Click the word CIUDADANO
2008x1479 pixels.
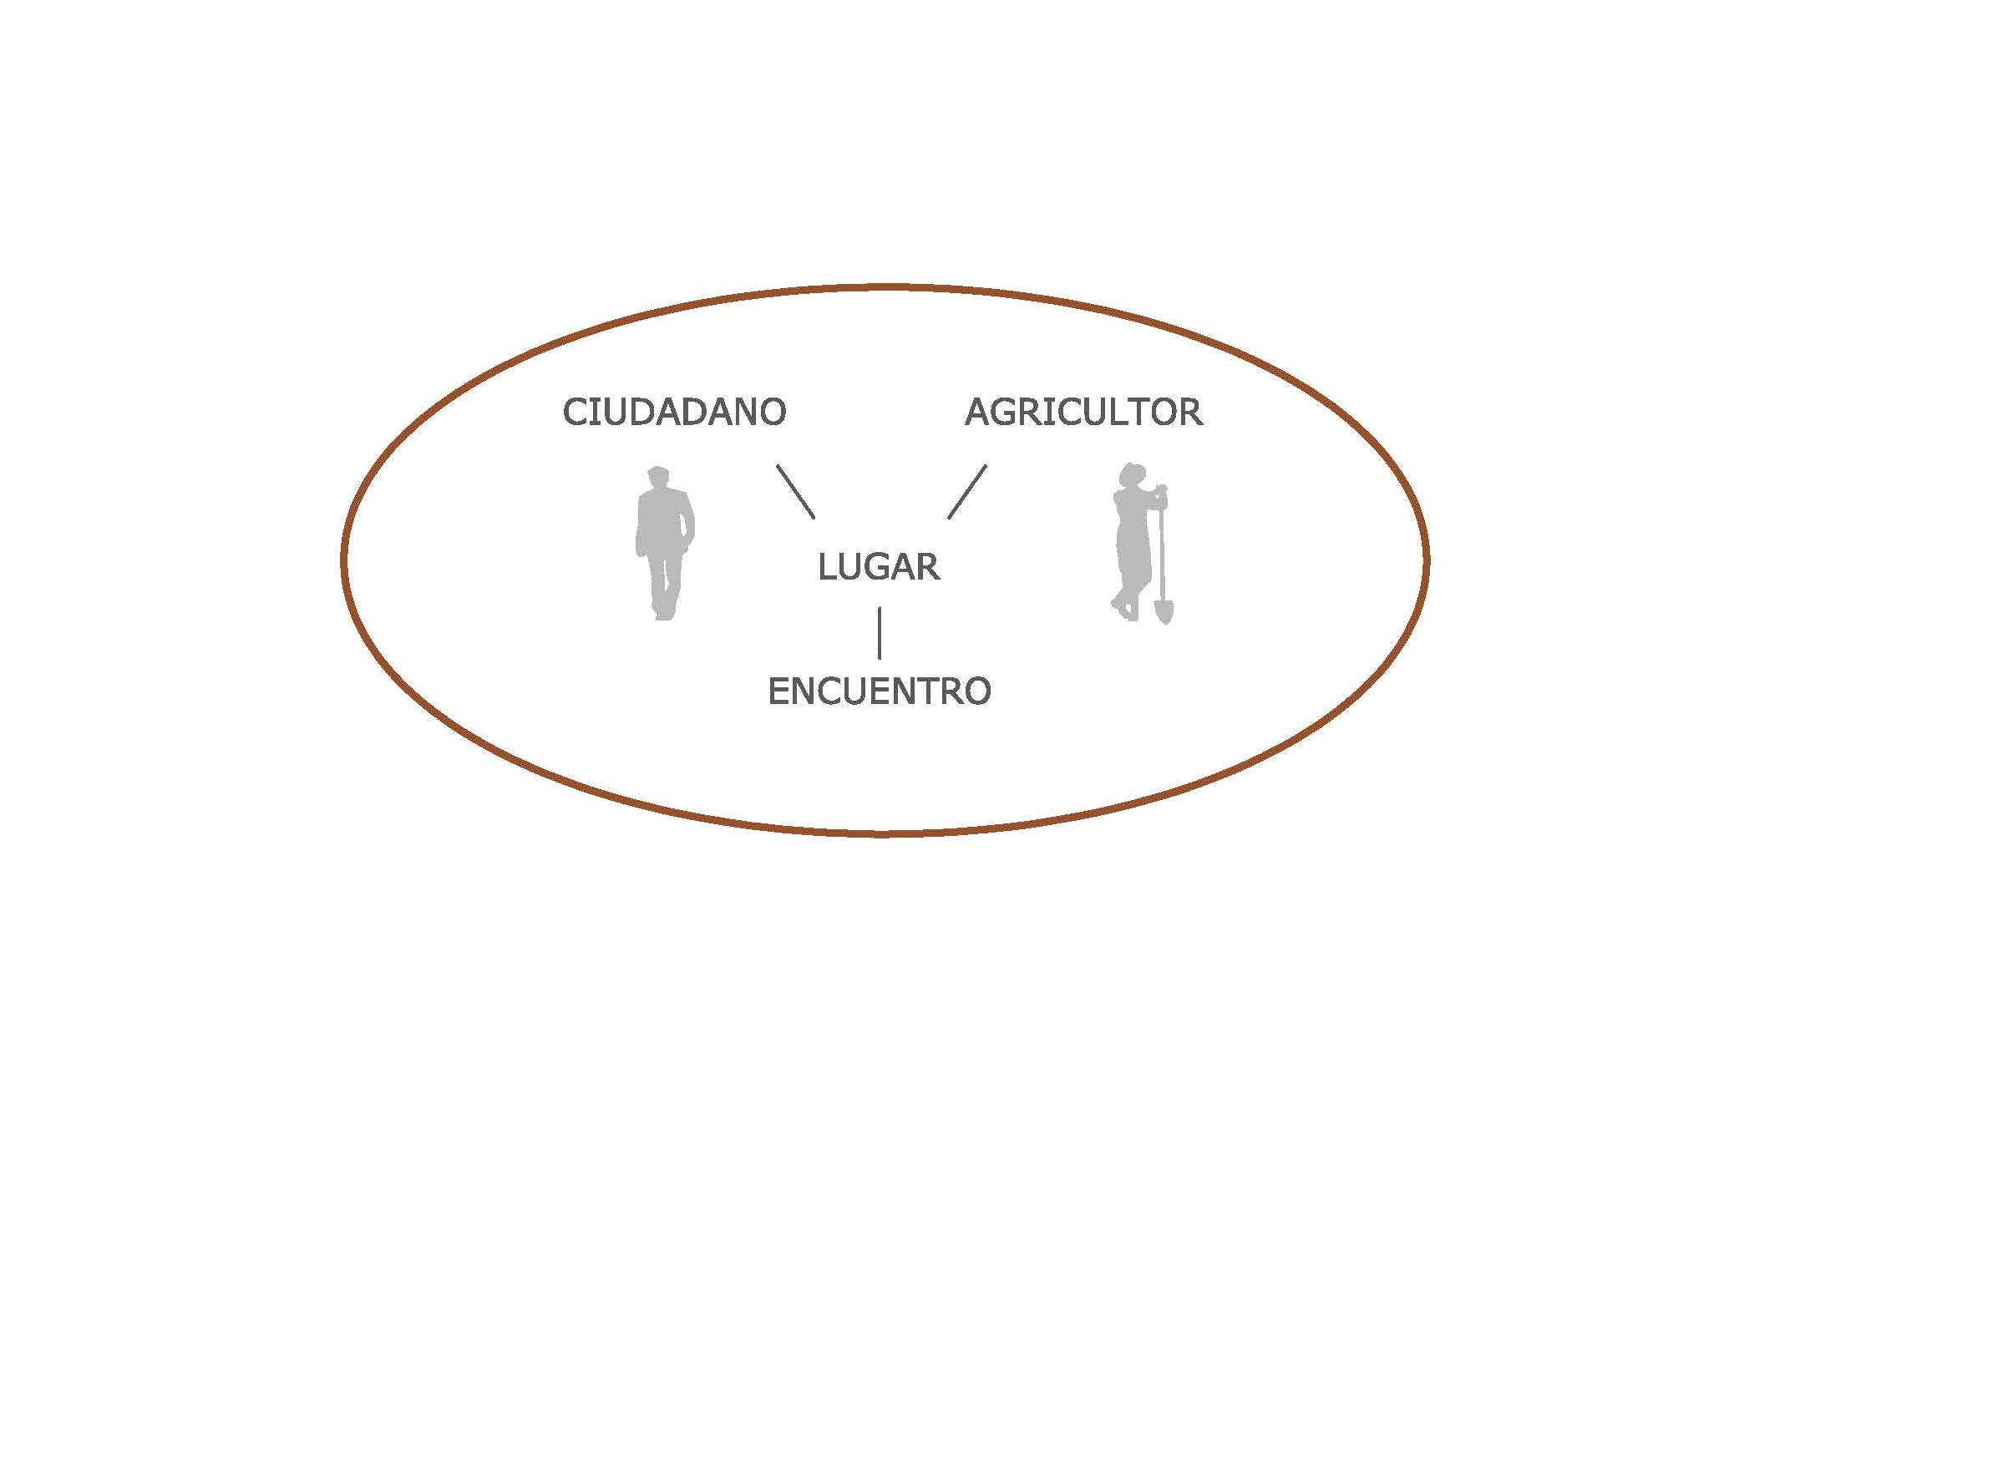[674, 412]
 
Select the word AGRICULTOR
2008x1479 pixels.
[1083, 412]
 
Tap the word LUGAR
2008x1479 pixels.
[878, 567]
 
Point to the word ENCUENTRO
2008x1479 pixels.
[879, 691]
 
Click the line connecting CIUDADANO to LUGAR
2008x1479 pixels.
[796, 492]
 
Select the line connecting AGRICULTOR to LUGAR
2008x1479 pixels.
[967, 492]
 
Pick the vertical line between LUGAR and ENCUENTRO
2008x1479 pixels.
[879, 633]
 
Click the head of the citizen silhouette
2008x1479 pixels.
[659, 478]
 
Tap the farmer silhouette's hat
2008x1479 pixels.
[1133, 472]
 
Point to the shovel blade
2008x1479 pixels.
[1164, 611]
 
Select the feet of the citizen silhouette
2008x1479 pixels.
[662, 613]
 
